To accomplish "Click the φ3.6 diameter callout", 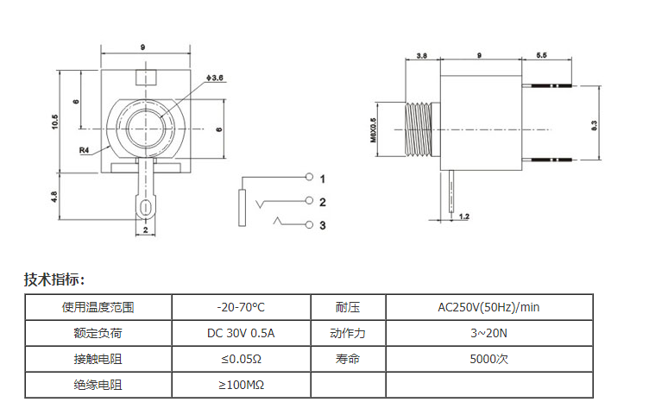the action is tap(215, 78).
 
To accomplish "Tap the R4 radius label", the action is tap(84, 150).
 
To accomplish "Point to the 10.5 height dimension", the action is tap(55, 122).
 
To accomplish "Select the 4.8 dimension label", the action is tap(54, 197).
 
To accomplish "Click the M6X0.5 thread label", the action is tap(373, 130).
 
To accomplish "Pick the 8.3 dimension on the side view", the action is tap(595, 125).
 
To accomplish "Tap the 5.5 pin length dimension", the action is tap(541, 55).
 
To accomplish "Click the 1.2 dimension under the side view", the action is tap(464, 216).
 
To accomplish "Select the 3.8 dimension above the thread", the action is tap(422, 55).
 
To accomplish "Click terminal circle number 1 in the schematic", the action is tap(309, 177).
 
